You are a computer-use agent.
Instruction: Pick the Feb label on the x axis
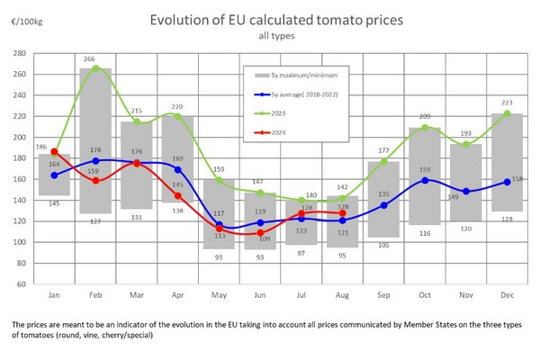click(95, 294)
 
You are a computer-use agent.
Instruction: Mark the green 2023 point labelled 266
click(95, 68)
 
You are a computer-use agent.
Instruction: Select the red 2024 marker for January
click(55, 152)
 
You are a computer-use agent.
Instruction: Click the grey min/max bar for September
click(383, 199)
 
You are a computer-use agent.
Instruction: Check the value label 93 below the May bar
click(219, 257)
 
